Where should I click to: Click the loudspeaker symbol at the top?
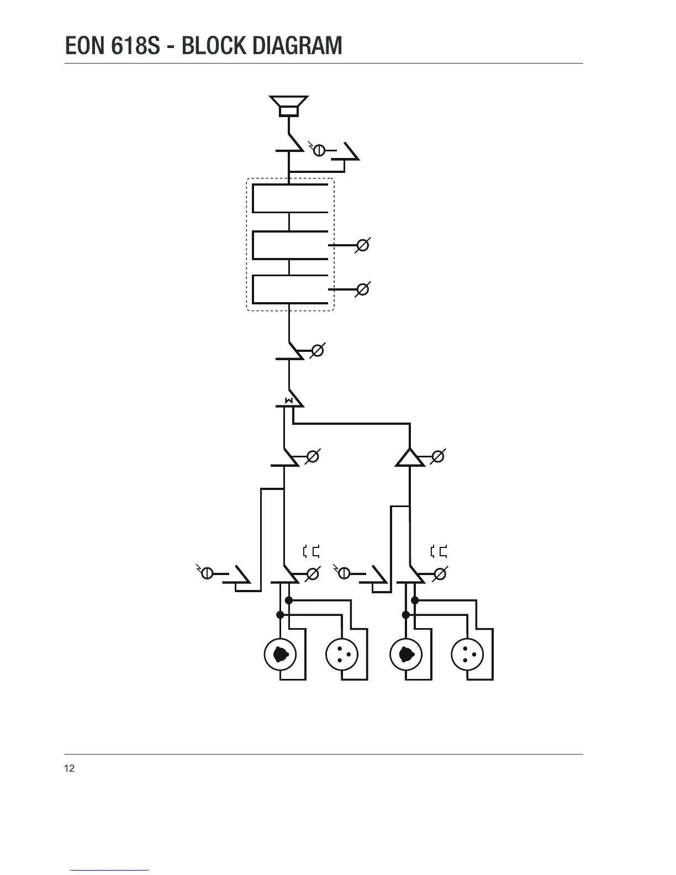(289, 106)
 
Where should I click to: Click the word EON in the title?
(85, 46)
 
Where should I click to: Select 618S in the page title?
(134, 46)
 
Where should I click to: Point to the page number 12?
(70, 768)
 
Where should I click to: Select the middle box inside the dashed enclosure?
(290, 245)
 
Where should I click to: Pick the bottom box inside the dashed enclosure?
(290, 289)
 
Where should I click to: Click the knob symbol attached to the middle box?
(362, 245)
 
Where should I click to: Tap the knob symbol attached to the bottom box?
(362, 289)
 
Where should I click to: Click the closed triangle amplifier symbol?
(410, 458)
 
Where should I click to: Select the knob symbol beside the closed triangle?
(438, 457)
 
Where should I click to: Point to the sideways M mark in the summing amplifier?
(288, 400)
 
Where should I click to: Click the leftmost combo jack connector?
(281, 654)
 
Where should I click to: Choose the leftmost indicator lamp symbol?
(207, 573)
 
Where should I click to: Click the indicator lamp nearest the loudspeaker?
(319, 149)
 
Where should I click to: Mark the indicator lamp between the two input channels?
(344, 573)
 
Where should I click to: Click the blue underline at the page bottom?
(109, 870)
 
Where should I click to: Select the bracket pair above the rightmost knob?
(439, 551)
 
